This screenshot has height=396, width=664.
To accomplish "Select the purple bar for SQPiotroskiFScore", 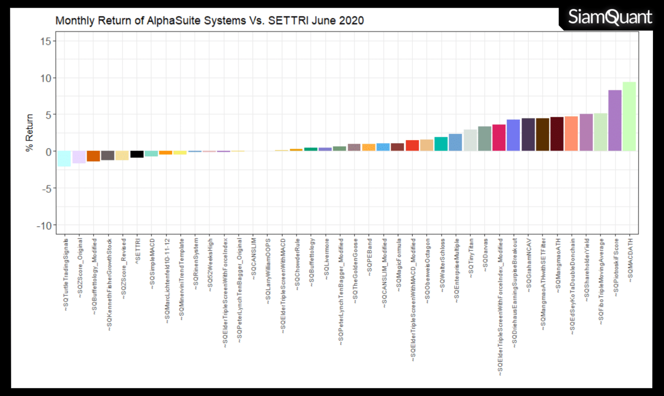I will [x=615, y=121].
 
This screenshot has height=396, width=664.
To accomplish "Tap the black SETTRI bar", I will [x=137, y=154].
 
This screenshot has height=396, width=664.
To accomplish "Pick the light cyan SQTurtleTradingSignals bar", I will [x=64, y=159].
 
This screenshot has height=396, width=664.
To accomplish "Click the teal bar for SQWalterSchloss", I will [x=441, y=144].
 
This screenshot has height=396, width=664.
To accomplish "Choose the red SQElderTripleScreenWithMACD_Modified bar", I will [x=412, y=145].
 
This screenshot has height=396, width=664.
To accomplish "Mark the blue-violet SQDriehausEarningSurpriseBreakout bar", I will [x=513, y=135].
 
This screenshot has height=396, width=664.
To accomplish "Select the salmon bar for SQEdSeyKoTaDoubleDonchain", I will [x=571, y=134].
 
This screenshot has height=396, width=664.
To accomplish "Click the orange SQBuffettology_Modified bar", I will [x=93, y=156].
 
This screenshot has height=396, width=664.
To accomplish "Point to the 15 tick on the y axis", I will [x=46, y=41].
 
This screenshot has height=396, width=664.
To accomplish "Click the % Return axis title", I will [x=29, y=133].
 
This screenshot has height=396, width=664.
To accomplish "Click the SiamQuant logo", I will [x=610, y=17].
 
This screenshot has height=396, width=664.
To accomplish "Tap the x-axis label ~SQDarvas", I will [x=485, y=255].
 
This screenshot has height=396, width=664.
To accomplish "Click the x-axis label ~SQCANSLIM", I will [x=254, y=259].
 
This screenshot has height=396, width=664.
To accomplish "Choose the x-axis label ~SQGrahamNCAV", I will [x=529, y=266].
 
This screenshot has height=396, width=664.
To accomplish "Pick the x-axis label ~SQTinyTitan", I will [x=471, y=258].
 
